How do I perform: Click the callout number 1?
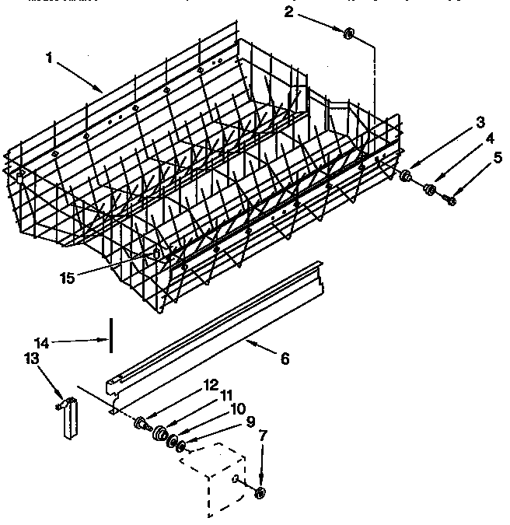coord(51,58)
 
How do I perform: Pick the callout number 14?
coord(285,359)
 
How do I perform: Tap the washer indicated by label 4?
coord(428,189)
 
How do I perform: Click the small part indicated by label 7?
coord(260,492)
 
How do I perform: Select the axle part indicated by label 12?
coord(141,422)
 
